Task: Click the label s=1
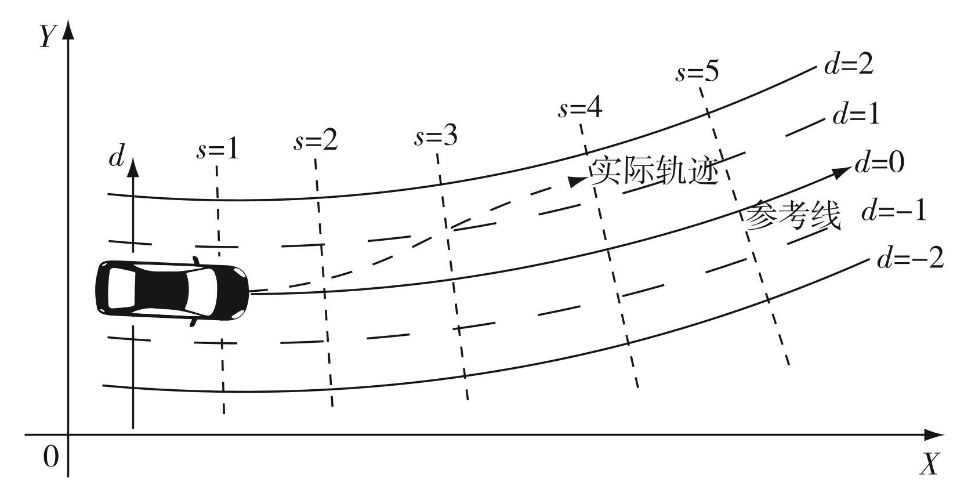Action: [x=218, y=150]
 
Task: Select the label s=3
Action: [x=436, y=136]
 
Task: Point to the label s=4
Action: [x=580, y=107]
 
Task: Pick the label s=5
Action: [x=697, y=71]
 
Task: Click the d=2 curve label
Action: [x=849, y=65]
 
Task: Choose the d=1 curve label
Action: [x=857, y=114]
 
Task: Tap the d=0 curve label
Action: [x=879, y=163]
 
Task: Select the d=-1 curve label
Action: [x=894, y=211]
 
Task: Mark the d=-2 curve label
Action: [x=910, y=258]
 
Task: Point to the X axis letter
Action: [x=930, y=463]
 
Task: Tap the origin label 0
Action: [x=51, y=457]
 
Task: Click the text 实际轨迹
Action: [x=654, y=171]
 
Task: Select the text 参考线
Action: [x=792, y=215]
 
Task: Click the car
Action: [x=172, y=291]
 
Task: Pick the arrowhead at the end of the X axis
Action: [x=933, y=434]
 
